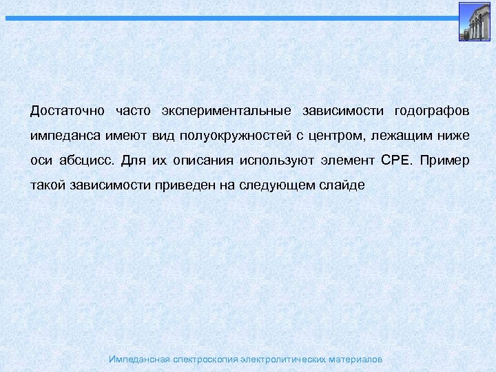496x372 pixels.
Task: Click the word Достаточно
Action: pos(68,111)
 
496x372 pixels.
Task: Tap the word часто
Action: pos(133,111)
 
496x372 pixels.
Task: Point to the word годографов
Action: pos(431,111)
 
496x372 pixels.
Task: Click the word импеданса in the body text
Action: pos(65,136)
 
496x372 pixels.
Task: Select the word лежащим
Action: pos(402,136)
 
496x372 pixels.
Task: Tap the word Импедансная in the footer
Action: pos(138,360)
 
